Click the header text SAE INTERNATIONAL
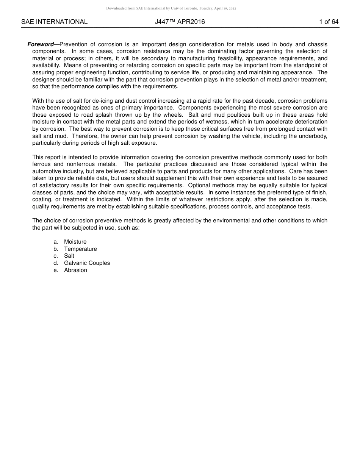tap(54, 22)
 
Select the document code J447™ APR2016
tap(180, 22)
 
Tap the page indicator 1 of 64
tap(329, 22)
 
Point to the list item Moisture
tap(75, 242)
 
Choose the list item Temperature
tap(80, 249)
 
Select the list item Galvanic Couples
tap(87, 263)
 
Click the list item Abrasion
tap(75, 270)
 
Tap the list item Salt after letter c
tap(69, 256)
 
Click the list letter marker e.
tap(56, 270)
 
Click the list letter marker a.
tap(56, 242)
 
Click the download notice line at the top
tap(171, 8)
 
